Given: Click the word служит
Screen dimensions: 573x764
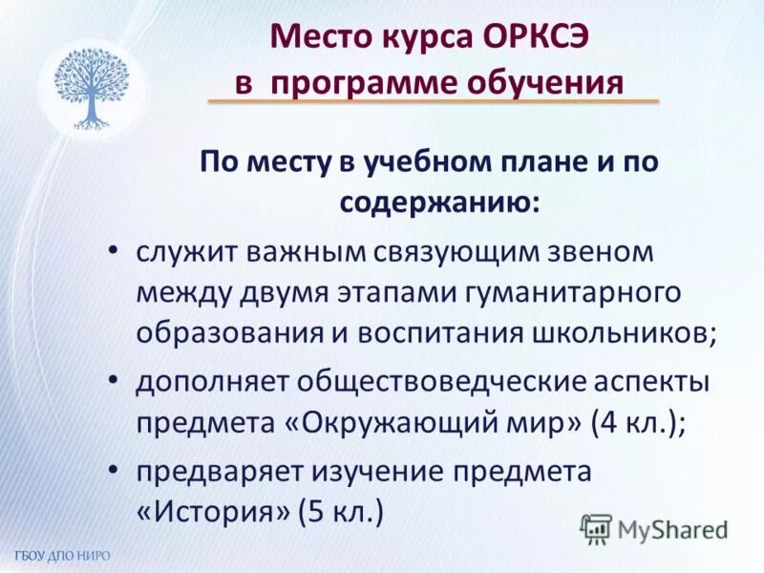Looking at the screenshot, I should point(184,252).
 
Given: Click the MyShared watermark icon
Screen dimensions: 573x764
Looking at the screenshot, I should point(596,528).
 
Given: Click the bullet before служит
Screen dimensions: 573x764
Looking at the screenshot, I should point(113,249).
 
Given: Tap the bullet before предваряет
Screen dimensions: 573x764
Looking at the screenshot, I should point(113,469).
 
